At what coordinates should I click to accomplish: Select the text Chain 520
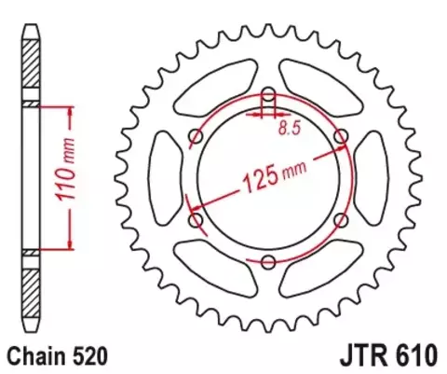click(x=59, y=354)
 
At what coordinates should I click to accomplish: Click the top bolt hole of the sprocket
click(x=268, y=95)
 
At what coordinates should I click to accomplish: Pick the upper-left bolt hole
click(x=196, y=137)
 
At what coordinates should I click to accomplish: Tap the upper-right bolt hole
click(x=341, y=137)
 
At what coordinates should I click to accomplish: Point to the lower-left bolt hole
click(x=196, y=220)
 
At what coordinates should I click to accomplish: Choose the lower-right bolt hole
click(x=341, y=220)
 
